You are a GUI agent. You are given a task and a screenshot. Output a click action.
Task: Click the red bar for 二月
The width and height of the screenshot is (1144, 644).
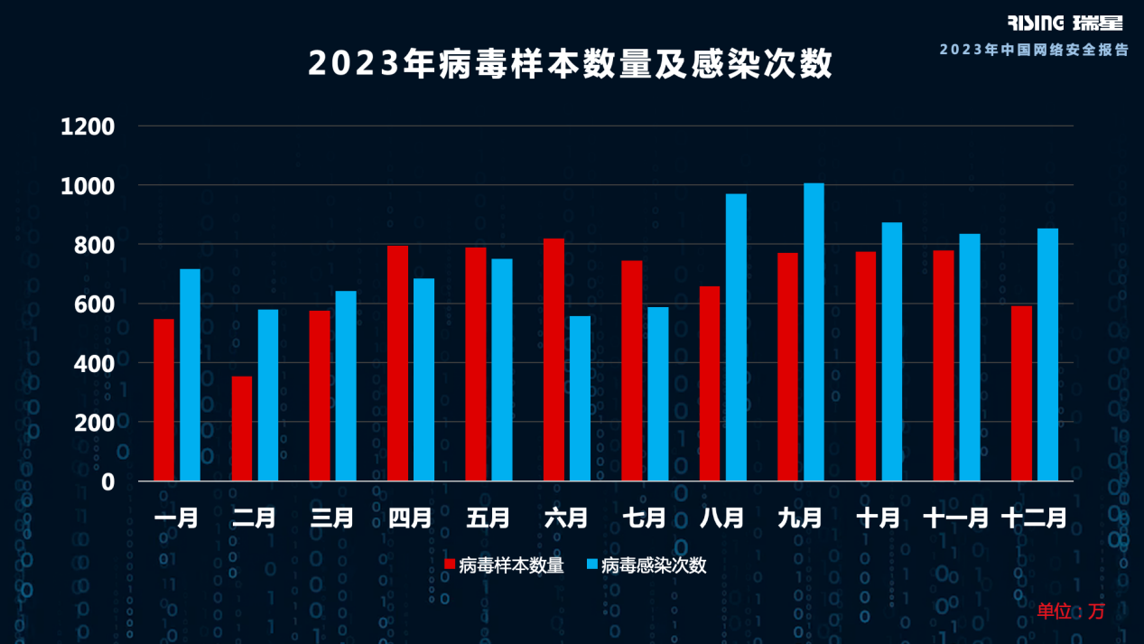[x=242, y=428]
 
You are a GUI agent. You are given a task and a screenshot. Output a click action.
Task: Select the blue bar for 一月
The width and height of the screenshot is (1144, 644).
[x=190, y=375]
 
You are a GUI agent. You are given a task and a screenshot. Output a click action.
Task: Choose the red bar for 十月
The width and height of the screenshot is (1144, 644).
[x=866, y=366]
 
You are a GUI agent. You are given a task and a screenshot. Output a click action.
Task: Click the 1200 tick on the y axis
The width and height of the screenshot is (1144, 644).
[x=88, y=127]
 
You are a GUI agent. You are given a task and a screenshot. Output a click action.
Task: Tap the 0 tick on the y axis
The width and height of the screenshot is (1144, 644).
[x=107, y=482]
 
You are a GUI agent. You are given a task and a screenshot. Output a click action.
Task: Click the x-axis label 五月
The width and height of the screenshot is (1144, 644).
[x=488, y=518]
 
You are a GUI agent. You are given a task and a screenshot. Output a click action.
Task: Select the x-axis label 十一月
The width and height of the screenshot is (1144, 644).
[x=955, y=518]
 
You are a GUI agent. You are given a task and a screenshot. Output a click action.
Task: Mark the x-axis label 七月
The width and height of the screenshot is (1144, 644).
[x=644, y=518]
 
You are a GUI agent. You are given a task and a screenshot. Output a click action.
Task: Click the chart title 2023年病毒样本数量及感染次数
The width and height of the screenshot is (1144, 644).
[x=571, y=64]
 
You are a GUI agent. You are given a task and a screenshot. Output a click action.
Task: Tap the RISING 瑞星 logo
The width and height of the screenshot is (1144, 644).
[x=1065, y=23]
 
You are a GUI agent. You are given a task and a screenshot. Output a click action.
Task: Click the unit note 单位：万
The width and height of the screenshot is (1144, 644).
[x=1071, y=611]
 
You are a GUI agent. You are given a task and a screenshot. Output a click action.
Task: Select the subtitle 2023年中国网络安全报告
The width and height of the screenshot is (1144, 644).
[x=1034, y=50]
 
